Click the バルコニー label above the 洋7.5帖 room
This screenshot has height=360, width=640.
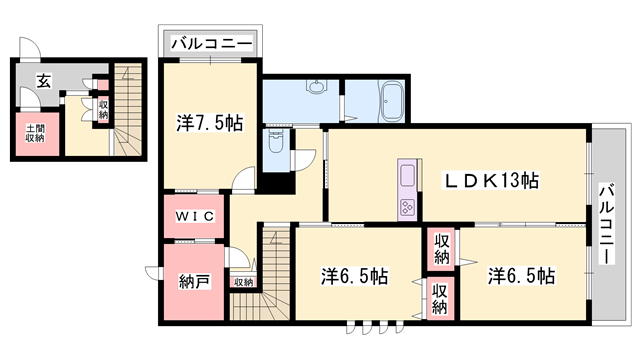[x=211, y=43]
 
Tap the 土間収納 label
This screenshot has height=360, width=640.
[x=34, y=131]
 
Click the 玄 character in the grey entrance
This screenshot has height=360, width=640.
[x=44, y=83]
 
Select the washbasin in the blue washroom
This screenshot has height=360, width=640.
[x=317, y=88]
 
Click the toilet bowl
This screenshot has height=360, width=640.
[x=277, y=143]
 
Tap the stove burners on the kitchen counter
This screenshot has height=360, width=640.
[x=408, y=206]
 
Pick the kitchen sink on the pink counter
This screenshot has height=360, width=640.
[x=408, y=176]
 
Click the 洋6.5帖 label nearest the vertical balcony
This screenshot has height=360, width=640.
[x=521, y=275]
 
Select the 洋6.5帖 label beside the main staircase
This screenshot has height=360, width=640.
[x=354, y=275]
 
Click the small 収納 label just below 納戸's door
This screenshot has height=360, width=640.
[x=244, y=282]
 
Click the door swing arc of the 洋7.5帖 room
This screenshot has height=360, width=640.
[x=241, y=180]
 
